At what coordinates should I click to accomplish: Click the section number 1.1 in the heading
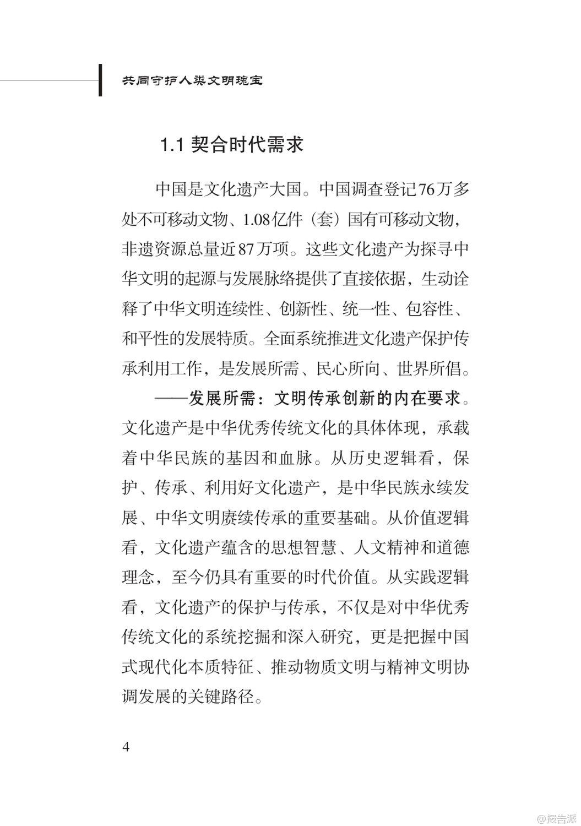[170, 145]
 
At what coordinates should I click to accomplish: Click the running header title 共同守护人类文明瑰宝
[192, 80]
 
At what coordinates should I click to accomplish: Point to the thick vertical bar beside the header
[100, 80]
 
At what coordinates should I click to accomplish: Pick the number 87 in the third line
[247, 249]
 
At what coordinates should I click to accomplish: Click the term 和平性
[145, 339]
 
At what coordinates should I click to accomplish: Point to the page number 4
[126, 747]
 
